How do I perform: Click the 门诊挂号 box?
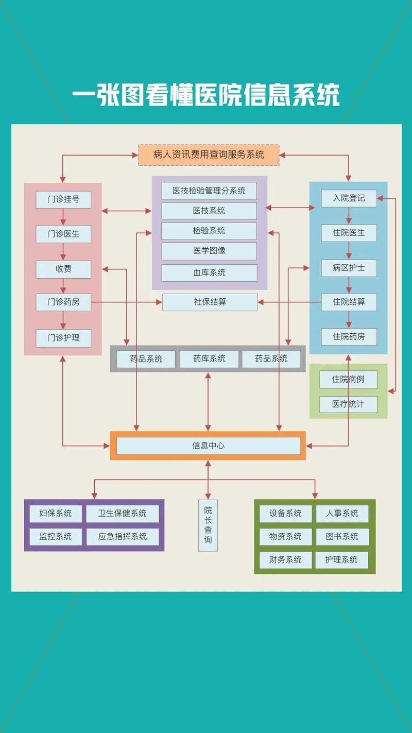pos(63,199)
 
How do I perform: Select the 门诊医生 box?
pos(63,234)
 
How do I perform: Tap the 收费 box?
pos(63,269)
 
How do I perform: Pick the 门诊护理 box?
pos(63,338)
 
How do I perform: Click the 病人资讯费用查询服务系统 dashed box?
pos(209,155)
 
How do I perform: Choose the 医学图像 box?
pos(209,251)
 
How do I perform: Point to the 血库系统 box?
pos(209,272)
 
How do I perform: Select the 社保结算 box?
pos(210,302)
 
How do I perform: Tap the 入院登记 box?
pos(349,198)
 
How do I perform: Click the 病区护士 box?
pos(349,268)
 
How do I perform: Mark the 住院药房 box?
pos(349,337)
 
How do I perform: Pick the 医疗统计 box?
pos(348,404)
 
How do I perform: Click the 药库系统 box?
pos(209,359)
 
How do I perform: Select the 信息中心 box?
pos(208,446)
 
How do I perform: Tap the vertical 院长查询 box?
pos(208,525)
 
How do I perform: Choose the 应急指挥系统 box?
pos(123,536)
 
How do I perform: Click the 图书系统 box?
pos(342,536)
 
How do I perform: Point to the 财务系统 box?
pos(285,559)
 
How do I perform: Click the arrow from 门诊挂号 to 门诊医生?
pos(63,216)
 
